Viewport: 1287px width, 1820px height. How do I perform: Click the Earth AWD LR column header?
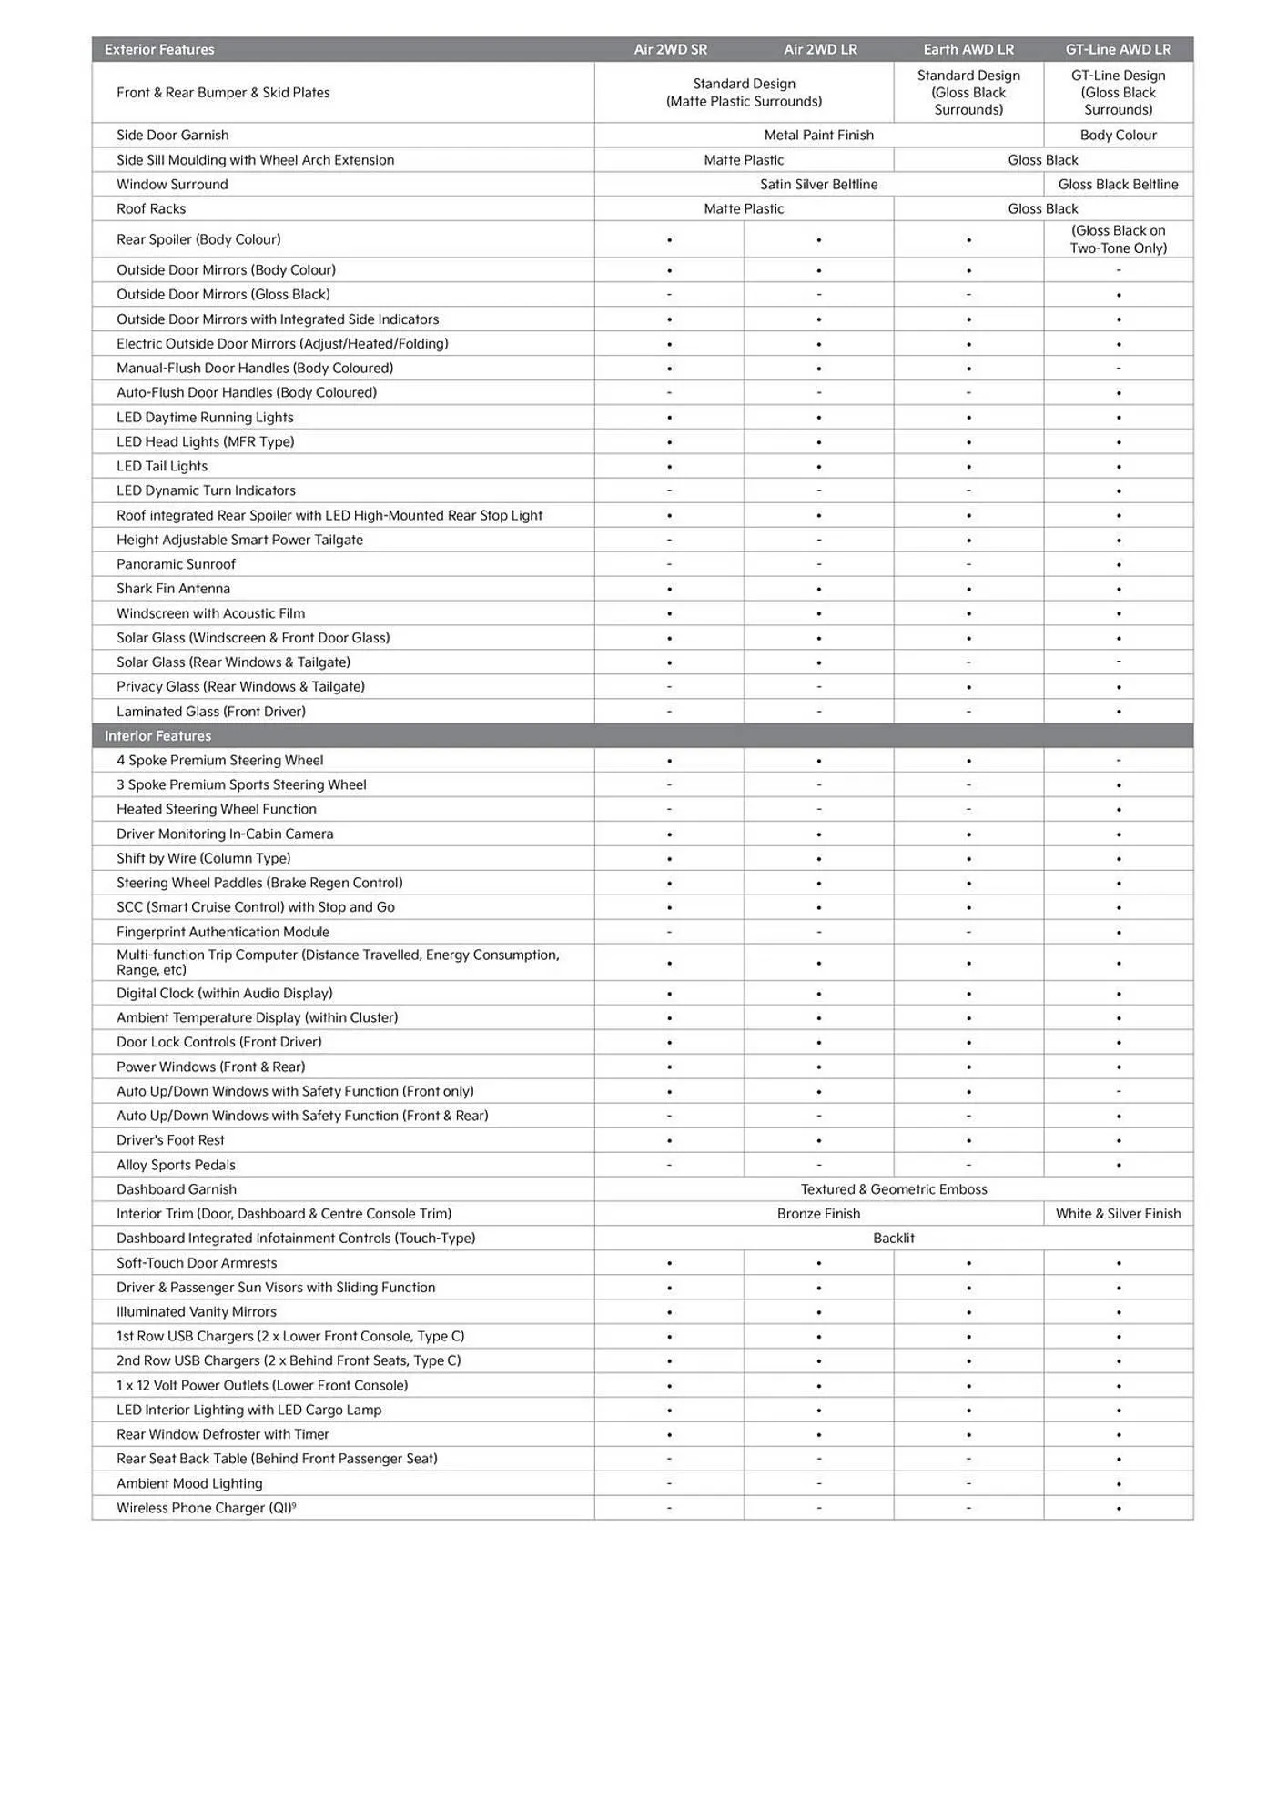(x=968, y=49)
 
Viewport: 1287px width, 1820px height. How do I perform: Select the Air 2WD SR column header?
(x=670, y=49)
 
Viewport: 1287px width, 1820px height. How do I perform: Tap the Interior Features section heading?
(x=157, y=735)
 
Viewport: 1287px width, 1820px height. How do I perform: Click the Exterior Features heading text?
(x=159, y=49)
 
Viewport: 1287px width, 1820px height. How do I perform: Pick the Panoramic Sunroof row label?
(x=176, y=564)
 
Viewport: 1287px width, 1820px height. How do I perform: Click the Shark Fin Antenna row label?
(x=173, y=589)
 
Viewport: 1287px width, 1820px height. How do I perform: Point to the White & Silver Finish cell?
(x=1118, y=1213)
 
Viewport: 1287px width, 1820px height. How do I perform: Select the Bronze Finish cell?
(x=818, y=1213)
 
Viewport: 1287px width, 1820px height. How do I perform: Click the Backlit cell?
(x=893, y=1238)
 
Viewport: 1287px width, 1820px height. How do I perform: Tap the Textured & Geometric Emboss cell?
(x=893, y=1188)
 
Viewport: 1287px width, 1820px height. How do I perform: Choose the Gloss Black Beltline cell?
(x=1118, y=184)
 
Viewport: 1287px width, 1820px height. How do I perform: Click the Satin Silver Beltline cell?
(x=818, y=184)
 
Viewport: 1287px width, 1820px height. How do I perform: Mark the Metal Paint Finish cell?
(x=818, y=135)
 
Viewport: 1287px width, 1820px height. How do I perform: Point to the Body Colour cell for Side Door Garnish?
(x=1118, y=135)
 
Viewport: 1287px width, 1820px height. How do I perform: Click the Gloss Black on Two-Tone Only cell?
(x=1118, y=239)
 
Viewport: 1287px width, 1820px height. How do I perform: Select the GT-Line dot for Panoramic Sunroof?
(x=1119, y=565)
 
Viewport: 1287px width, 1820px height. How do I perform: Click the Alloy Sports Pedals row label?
(x=176, y=1165)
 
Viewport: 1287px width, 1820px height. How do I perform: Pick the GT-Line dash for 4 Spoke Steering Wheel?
(x=1119, y=761)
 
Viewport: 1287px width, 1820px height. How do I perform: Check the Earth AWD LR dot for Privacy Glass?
(x=968, y=687)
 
